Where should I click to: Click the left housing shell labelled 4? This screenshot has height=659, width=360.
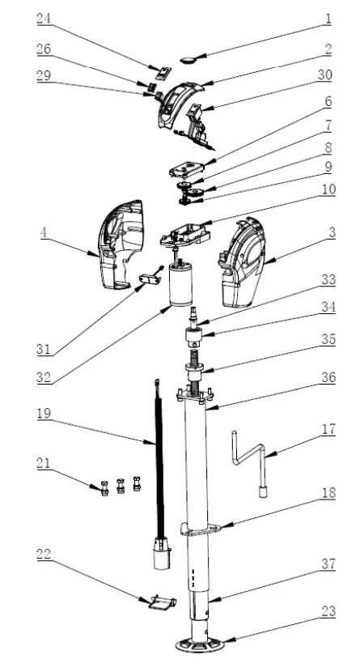point(122,246)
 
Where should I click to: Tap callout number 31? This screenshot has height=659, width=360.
point(44,350)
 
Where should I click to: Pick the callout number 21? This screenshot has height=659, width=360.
point(44,463)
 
